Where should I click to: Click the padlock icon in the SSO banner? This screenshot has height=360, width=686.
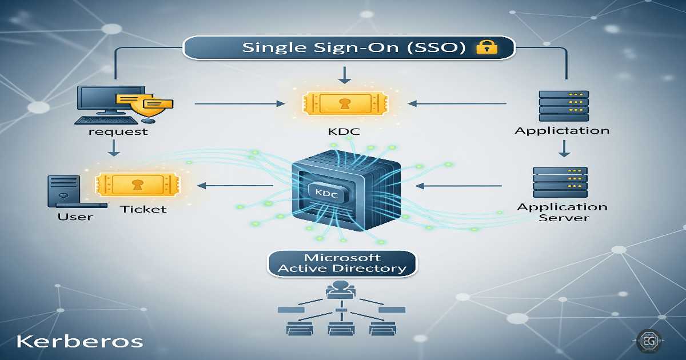[x=484, y=47]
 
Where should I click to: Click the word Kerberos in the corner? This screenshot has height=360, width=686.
[x=79, y=341]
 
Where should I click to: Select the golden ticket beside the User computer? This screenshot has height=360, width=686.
[x=136, y=185]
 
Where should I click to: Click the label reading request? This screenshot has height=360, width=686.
[x=118, y=131]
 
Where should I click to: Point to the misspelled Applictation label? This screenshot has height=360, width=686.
[x=562, y=131]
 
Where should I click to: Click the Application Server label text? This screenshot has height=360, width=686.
[x=562, y=212]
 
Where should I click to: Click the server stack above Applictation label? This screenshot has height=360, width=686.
[x=564, y=105]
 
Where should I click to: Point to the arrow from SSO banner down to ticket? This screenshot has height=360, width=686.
[x=343, y=74]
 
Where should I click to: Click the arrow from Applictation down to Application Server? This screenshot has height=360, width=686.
[x=564, y=148]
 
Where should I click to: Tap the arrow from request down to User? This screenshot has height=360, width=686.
[x=114, y=147]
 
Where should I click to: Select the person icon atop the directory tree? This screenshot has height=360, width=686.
[x=341, y=289]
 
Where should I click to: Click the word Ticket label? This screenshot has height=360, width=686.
[x=143, y=209]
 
